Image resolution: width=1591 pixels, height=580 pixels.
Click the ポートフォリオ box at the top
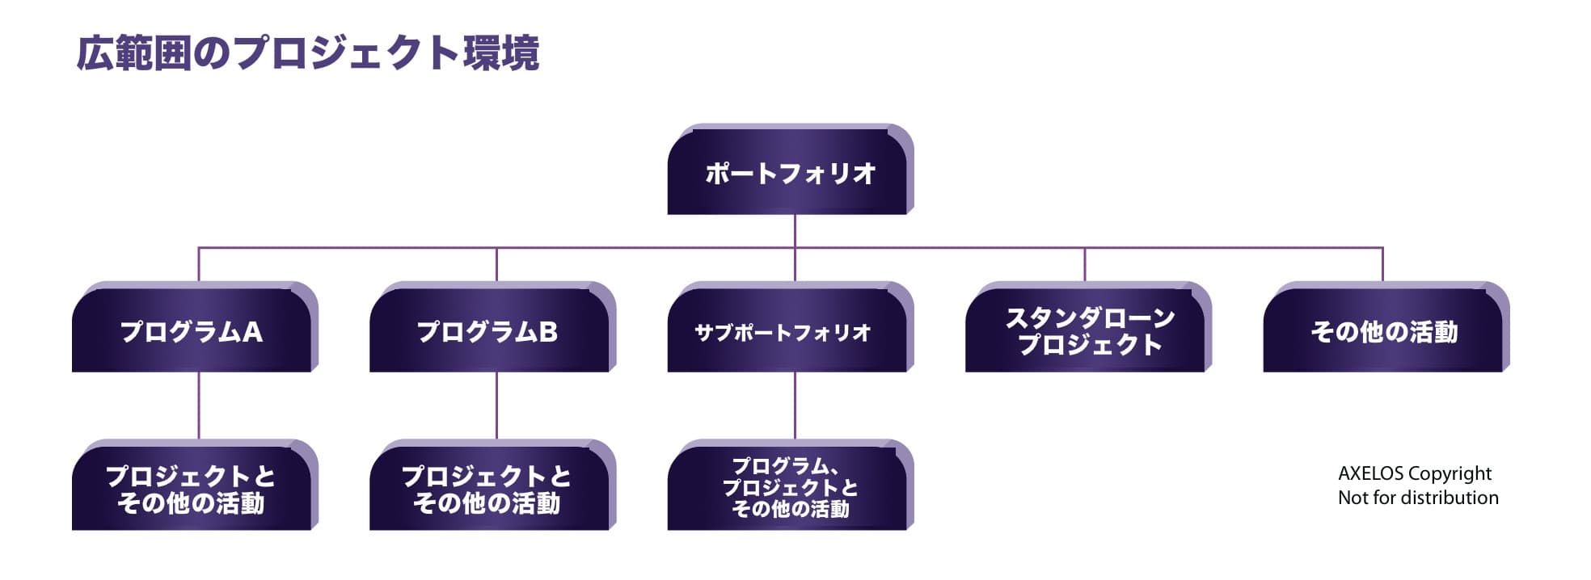click(790, 171)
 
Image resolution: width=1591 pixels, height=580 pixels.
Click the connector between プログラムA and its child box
click(199, 406)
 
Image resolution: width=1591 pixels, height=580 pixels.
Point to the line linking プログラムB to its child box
click(496, 406)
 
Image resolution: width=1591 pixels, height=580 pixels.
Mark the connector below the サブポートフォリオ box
click(795, 406)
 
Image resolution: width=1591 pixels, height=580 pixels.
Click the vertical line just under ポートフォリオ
click(795, 230)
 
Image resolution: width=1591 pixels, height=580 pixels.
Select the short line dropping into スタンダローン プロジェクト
click(1085, 264)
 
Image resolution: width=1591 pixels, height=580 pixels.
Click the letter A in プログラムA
click(252, 332)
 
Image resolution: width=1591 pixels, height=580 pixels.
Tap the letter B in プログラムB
click(548, 332)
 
